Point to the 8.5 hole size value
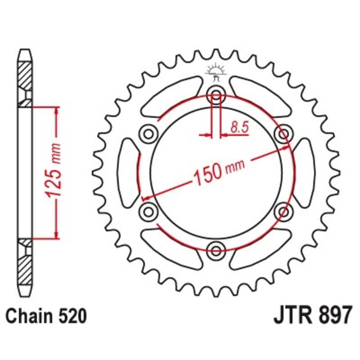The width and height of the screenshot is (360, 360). pos(239,127)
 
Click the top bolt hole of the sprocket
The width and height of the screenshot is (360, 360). pos(216,95)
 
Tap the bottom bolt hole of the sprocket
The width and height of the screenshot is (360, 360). pos(216,249)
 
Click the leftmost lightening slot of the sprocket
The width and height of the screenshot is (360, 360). pos(128,172)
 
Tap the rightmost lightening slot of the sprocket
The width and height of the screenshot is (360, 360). pos(304,172)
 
